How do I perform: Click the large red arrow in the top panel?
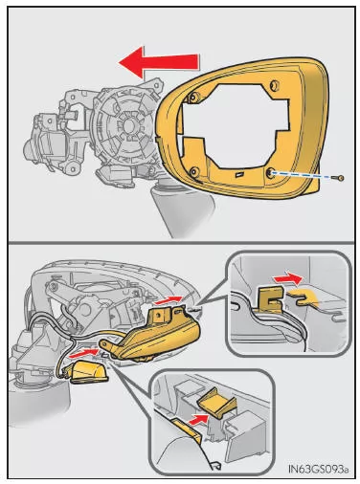tap(159, 62)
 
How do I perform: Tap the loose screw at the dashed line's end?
tap(340, 178)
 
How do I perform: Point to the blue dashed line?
tap(303, 175)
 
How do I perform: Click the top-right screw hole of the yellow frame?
tap(274, 85)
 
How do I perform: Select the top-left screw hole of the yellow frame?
tap(193, 97)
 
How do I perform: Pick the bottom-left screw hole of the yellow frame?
tap(193, 172)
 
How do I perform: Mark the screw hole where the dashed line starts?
tap(269, 172)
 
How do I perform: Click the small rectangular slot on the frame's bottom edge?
tap(238, 174)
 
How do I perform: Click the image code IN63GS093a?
tap(318, 469)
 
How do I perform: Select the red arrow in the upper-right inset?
tap(287, 279)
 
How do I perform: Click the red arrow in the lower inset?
tap(199, 419)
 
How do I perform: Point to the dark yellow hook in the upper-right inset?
tap(271, 298)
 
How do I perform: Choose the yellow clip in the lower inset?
tap(217, 403)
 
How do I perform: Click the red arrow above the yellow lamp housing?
tap(169, 299)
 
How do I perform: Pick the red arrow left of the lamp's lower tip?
tap(83, 352)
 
